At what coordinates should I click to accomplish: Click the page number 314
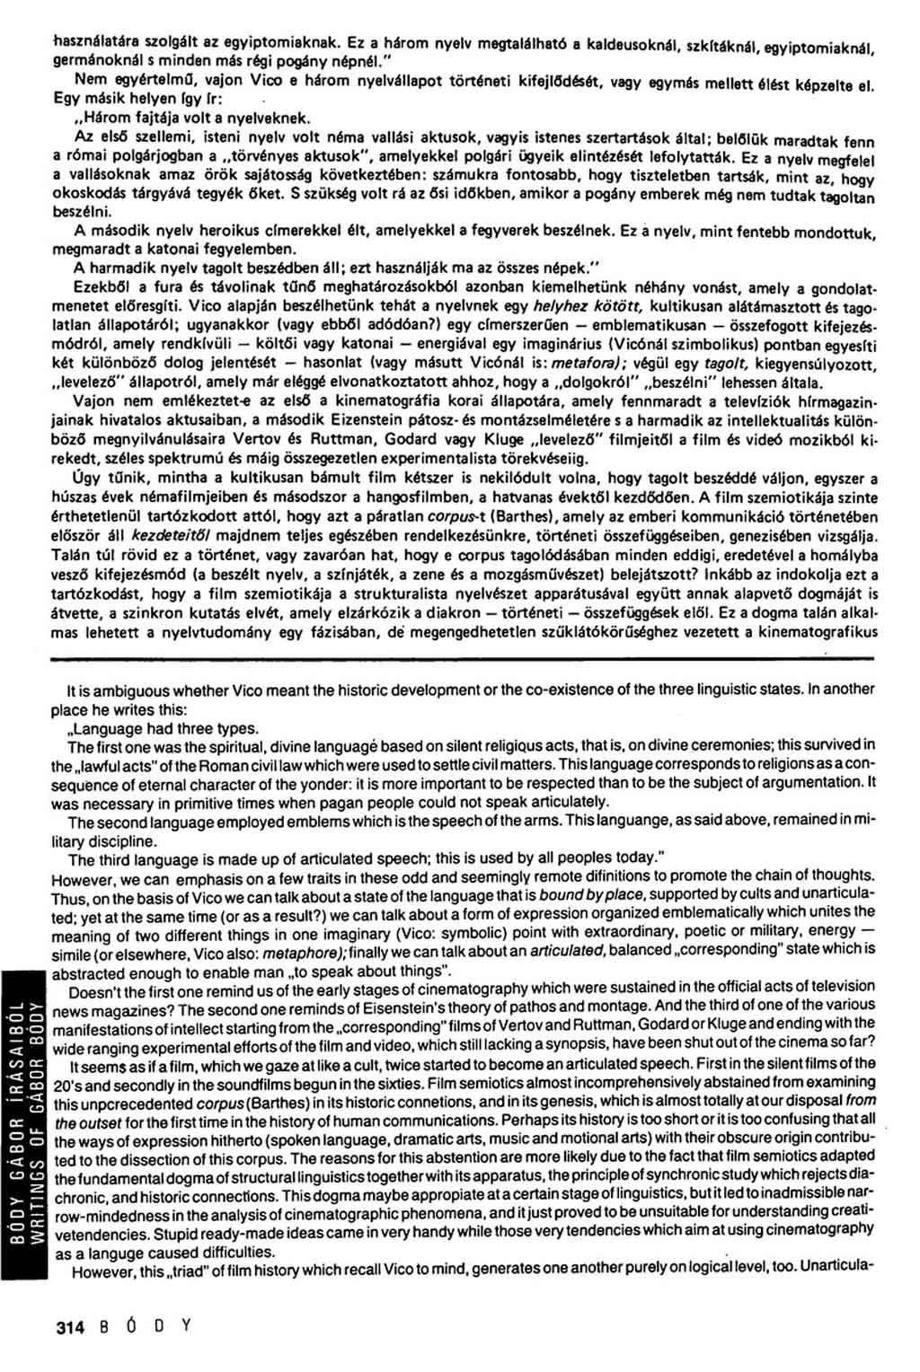69,1328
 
